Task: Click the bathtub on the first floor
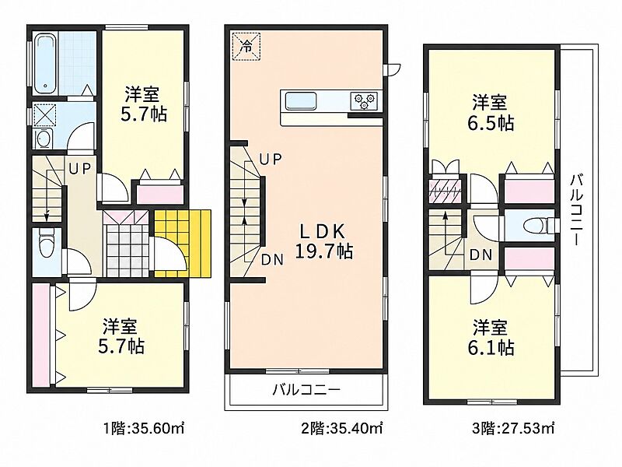(x=46, y=64)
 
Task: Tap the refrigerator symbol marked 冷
(x=246, y=47)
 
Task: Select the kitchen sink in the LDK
(x=302, y=100)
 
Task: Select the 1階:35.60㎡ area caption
(x=143, y=429)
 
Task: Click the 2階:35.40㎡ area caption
(x=342, y=429)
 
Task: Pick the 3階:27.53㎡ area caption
(x=513, y=429)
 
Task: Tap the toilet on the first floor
(x=47, y=245)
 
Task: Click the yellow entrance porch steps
(x=183, y=243)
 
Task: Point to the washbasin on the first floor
(x=44, y=139)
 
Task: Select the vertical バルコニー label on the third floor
(x=576, y=209)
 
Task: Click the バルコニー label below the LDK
(x=306, y=389)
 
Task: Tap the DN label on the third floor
(x=480, y=255)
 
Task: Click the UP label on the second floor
(x=270, y=160)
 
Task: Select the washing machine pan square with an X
(x=44, y=115)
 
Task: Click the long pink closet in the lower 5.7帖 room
(x=42, y=334)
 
